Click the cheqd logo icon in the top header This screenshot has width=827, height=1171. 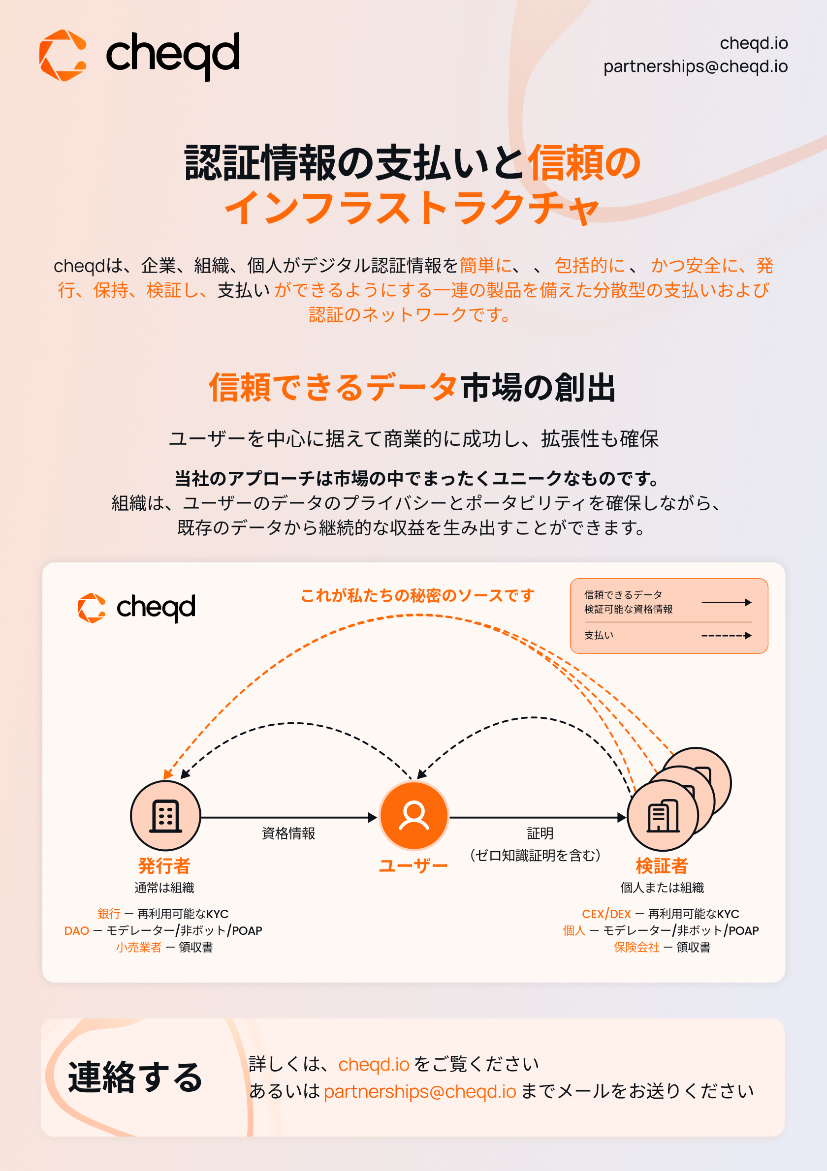63,55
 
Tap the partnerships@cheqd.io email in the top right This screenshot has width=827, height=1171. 696,66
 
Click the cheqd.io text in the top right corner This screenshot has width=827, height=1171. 754,43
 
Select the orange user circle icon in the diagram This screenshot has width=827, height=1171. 414,816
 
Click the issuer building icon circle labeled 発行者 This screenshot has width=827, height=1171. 165,816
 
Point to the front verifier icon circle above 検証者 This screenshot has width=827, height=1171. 663,816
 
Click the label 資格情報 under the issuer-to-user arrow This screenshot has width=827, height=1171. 288,833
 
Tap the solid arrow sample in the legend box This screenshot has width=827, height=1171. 727,602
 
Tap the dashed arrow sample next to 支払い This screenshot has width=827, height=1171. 727,636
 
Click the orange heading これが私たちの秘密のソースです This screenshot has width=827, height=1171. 417,595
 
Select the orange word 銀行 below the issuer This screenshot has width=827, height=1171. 109,914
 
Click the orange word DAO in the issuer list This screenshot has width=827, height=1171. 76,930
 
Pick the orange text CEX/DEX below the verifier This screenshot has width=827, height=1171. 606,914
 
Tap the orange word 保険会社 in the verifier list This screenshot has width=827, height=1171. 636,947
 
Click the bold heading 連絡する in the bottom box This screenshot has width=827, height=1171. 135,1077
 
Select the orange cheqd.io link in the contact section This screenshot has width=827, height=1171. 374,1064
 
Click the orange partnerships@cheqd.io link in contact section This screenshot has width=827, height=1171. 420,1091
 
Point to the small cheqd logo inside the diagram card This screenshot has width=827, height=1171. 136,608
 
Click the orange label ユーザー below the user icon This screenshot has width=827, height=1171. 413,865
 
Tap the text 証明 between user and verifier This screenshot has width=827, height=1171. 540,833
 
